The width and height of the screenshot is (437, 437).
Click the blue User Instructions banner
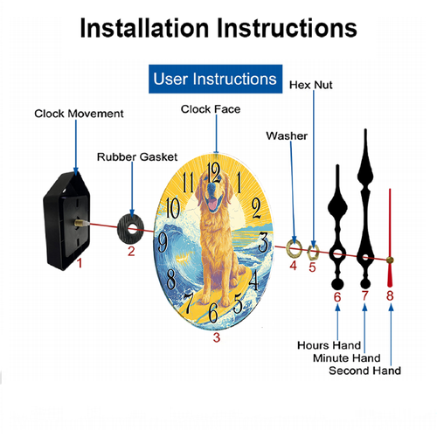pyautogui.click(x=215, y=79)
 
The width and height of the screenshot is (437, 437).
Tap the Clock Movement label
pyautogui.click(x=79, y=114)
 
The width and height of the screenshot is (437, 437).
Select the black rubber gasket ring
pyautogui.click(x=130, y=229)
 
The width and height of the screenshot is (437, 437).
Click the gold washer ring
pyautogui.click(x=294, y=249)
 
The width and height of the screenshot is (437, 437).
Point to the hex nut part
pyautogui.click(x=313, y=252)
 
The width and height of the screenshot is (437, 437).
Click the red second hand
pyautogui.click(x=390, y=238)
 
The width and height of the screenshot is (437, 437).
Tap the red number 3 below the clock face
pyautogui.click(x=216, y=337)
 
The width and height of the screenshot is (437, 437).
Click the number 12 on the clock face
pyautogui.click(x=213, y=172)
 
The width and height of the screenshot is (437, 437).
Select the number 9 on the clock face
pyautogui.click(x=163, y=242)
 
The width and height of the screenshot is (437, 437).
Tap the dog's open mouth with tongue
pyautogui.click(x=212, y=204)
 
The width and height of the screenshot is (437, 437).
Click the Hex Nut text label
pyautogui.click(x=311, y=85)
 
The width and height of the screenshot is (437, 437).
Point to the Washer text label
pyautogui.click(x=287, y=136)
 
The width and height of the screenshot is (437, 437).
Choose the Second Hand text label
pyautogui.click(x=364, y=371)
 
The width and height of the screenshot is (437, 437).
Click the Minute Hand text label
pyautogui.click(x=347, y=358)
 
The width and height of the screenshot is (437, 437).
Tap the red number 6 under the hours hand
pyautogui.click(x=337, y=297)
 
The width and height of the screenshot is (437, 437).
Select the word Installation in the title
pyautogui.click(x=145, y=28)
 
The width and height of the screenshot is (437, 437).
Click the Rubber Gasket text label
pyautogui.click(x=137, y=157)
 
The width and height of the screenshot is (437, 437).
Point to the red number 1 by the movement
pyautogui.click(x=80, y=263)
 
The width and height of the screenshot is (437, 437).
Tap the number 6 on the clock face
pyautogui.click(x=213, y=313)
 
